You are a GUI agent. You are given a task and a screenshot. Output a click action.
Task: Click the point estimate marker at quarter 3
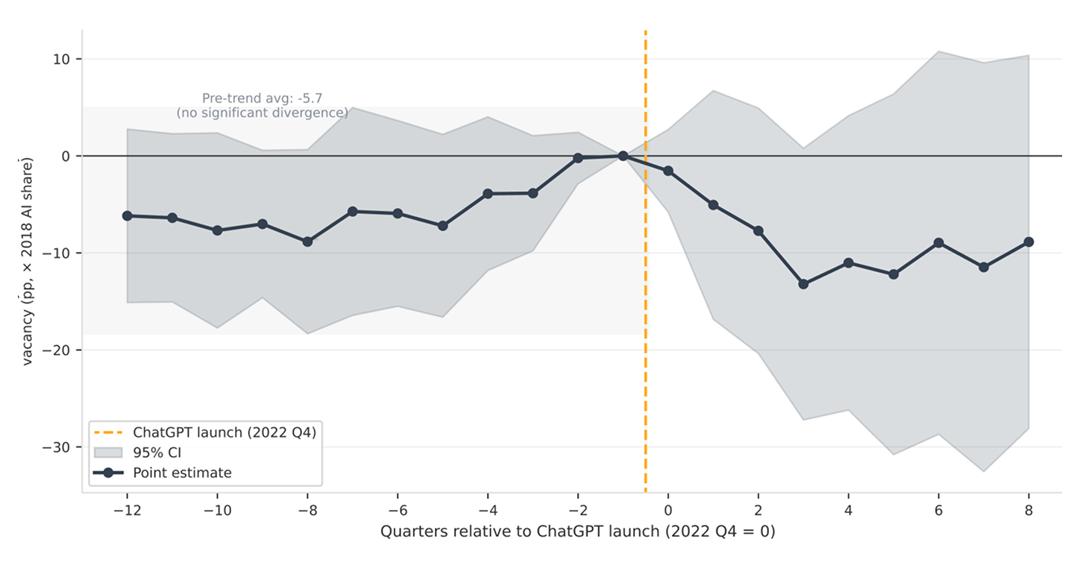[x=803, y=284]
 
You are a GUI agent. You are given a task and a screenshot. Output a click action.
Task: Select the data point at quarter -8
[x=307, y=242]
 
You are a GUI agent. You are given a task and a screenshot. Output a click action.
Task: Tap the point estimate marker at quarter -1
[x=623, y=156]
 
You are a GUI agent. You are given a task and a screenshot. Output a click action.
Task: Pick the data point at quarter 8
[x=1029, y=242]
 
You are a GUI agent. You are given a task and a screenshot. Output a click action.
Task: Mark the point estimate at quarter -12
[x=128, y=216]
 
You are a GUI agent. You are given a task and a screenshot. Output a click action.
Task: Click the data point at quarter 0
[x=668, y=171]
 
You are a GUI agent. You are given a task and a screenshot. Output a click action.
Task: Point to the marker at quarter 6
[x=938, y=243]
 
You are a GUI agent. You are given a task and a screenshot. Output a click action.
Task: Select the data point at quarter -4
[x=488, y=194]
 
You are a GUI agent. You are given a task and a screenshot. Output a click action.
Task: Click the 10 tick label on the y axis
[x=61, y=60]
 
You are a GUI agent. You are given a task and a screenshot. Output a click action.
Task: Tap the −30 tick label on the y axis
[x=56, y=447]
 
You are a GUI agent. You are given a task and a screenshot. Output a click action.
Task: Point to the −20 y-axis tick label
[x=56, y=350]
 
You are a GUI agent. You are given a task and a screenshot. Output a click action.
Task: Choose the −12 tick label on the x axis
[x=128, y=511]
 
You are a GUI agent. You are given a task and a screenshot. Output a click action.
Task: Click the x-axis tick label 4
[x=848, y=511]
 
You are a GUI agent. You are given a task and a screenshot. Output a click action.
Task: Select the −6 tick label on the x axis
[x=398, y=511]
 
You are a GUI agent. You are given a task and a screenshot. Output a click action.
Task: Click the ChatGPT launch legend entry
[x=205, y=432]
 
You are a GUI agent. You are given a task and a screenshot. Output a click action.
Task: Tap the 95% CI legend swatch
[x=108, y=452]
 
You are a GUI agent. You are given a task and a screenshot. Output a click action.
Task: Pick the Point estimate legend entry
[x=163, y=473]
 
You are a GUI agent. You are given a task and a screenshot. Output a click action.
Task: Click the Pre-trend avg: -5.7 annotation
[x=262, y=98]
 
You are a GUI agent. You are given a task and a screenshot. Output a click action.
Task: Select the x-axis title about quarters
[x=577, y=531]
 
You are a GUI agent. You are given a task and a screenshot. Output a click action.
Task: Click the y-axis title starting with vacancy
[x=27, y=262]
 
